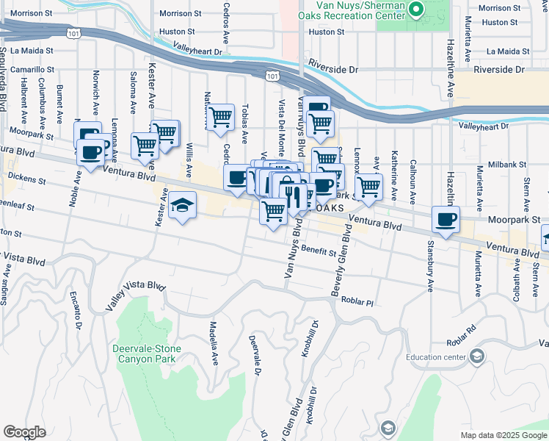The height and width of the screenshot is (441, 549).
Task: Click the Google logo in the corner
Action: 25,432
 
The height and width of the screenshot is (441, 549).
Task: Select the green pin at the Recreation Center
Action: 416,10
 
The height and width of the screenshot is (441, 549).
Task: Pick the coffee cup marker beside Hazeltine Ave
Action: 446,218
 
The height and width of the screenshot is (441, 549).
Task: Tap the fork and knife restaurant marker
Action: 294,196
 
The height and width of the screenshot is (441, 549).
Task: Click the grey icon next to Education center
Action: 478,357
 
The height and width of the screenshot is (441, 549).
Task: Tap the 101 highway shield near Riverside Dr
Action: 272,76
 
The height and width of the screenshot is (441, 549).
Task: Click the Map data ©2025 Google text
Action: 503,435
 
